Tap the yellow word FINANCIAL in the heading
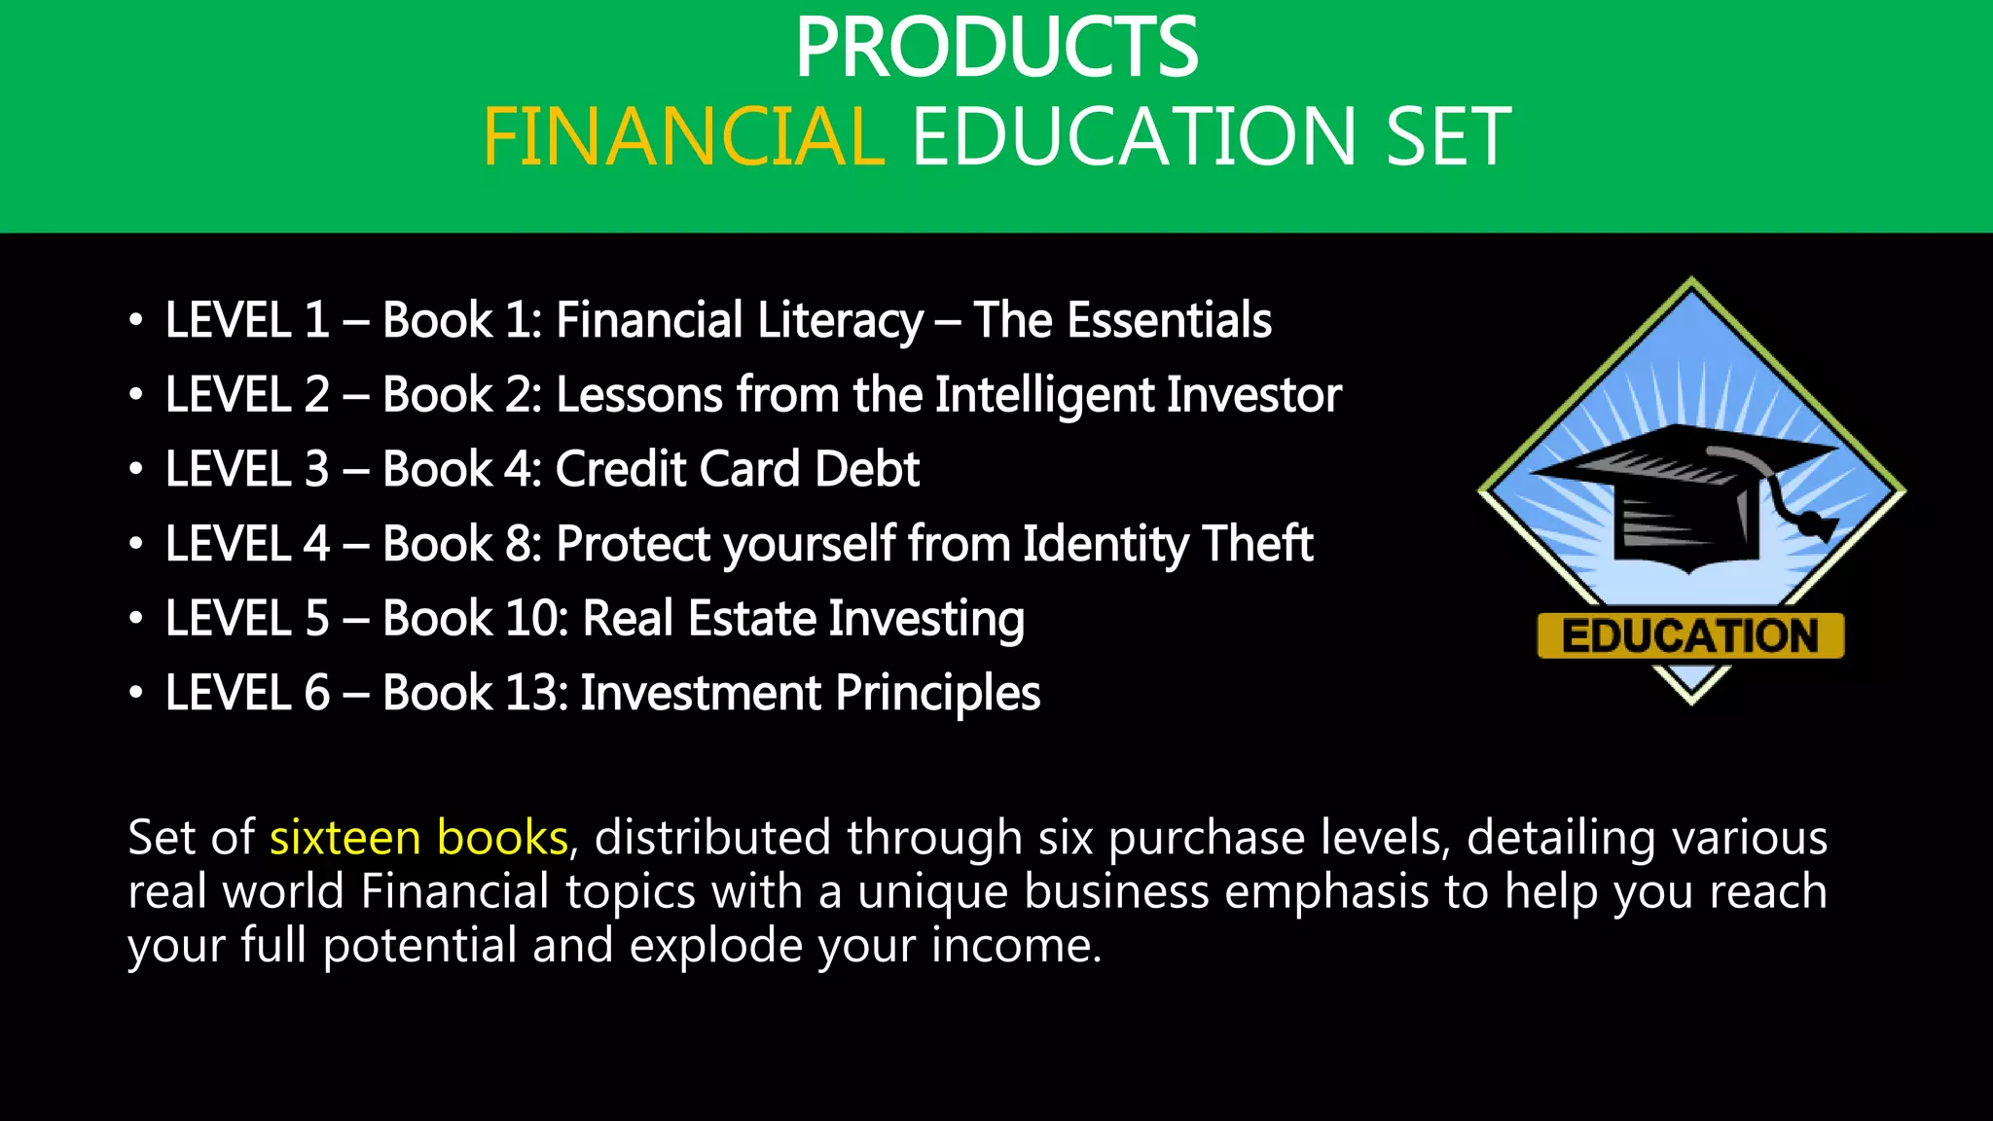click(x=683, y=137)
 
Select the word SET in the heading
click(x=1448, y=137)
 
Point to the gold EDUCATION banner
click(x=1690, y=636)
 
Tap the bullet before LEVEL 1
click(x=136, y=320)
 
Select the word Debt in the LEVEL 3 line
click(x=867, y=469)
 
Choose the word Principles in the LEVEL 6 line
click(x=937, y=693)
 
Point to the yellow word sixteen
click(x=345, y=837)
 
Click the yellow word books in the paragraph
click(x=502, y=837)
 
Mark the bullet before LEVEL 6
click(x=136, y=693)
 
